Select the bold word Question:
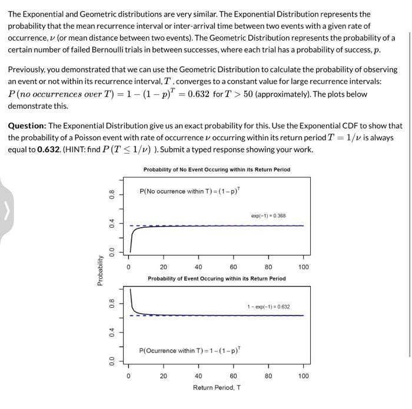coord(26,125)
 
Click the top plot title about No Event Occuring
coord(217,169)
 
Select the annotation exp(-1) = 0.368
coord(268,216)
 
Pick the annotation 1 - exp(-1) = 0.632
coord(268,307)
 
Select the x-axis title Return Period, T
coord(217,387)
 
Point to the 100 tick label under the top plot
coord(303,267)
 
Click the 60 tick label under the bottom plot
coord(233,375)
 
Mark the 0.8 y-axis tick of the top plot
coord(111,194)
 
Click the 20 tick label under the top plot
coord(163,267)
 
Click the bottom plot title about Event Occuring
coord(217,278)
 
